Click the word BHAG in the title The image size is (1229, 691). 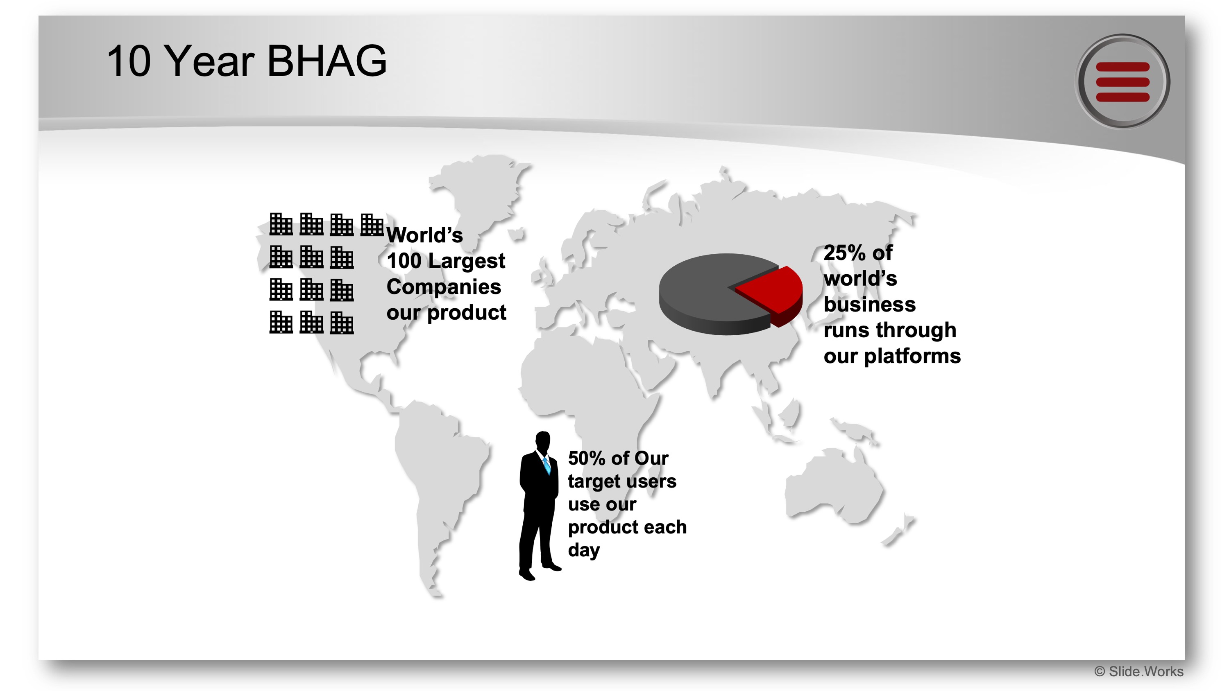(327, 61)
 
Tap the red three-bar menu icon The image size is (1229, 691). (1122, 81)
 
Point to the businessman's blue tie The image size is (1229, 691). (547, 465)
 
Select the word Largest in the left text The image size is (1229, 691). (473, 261)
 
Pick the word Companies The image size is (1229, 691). (444, 287)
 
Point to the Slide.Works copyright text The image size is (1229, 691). (1139, 671)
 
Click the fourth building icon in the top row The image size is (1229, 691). (372, 225)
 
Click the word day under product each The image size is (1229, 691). (583, 550)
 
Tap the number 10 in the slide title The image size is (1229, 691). (128, 61)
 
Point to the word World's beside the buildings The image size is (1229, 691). (424, 235)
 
